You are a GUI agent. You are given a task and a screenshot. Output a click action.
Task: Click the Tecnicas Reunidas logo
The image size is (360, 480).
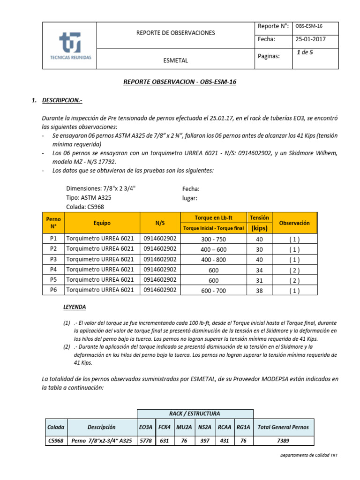coord(70,45)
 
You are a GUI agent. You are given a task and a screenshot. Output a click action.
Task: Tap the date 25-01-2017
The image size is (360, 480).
coord(310,39)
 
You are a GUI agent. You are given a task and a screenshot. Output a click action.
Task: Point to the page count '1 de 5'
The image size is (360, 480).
coord(305,52)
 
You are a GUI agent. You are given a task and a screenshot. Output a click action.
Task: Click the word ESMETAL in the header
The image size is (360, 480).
coord(175,60)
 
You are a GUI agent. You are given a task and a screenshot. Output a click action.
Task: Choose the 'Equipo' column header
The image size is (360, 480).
coord(102,223)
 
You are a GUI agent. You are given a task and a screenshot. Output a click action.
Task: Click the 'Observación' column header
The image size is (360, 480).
coord(294,223)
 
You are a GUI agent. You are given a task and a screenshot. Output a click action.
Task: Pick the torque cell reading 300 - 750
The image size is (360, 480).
coord(213,239)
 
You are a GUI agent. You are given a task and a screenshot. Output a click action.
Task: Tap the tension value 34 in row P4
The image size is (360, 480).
coord(259,270)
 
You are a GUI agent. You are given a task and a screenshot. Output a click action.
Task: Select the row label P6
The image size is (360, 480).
coord(53,290)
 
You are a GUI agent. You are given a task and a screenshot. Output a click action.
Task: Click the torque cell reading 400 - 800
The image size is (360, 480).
coord(213,260)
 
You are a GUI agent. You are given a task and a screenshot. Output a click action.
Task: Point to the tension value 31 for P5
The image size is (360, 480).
coord(259,280)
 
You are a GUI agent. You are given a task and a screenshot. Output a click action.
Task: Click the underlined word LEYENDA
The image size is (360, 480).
coord(75,307)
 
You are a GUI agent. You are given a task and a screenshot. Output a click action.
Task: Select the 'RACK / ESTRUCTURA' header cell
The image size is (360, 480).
coord(195,413)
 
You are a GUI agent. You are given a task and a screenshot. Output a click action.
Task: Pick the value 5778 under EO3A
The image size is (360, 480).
coord(146,441)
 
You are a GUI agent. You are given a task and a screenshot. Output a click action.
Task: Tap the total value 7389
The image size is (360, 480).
coord(283,441)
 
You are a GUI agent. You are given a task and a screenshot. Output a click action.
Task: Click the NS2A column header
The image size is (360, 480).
coord(204,427)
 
